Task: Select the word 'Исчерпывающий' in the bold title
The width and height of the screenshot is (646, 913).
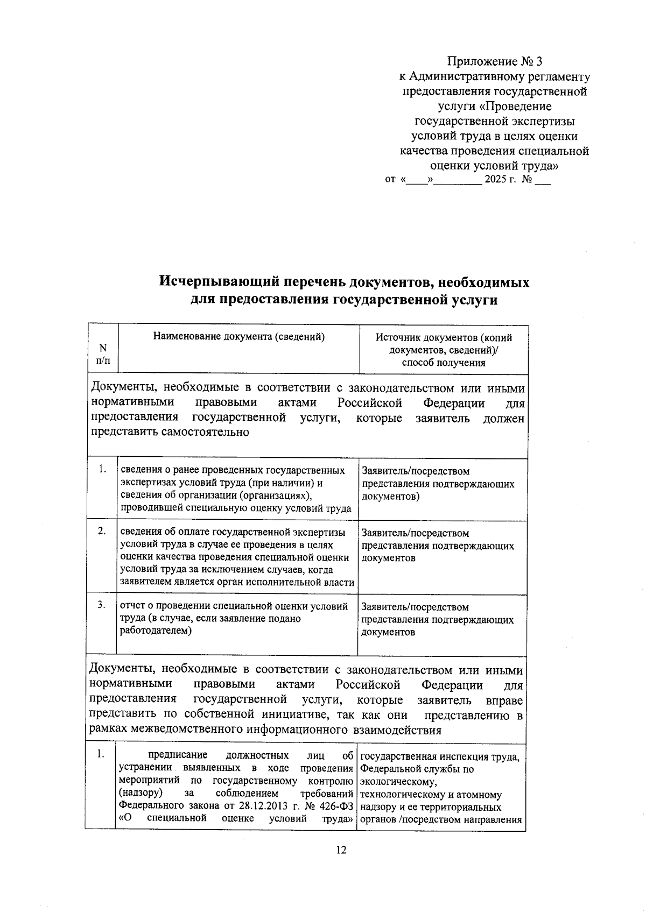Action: click(x=219, y=282)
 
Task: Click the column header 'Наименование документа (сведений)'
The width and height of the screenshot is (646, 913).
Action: click(x=239, y=337)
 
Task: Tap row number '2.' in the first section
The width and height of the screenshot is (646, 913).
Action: click(x=102, y=531)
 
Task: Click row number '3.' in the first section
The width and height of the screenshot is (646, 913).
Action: click(x=102, y=605)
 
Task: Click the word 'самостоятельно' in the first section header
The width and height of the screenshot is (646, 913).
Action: click(x=204, y=433)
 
